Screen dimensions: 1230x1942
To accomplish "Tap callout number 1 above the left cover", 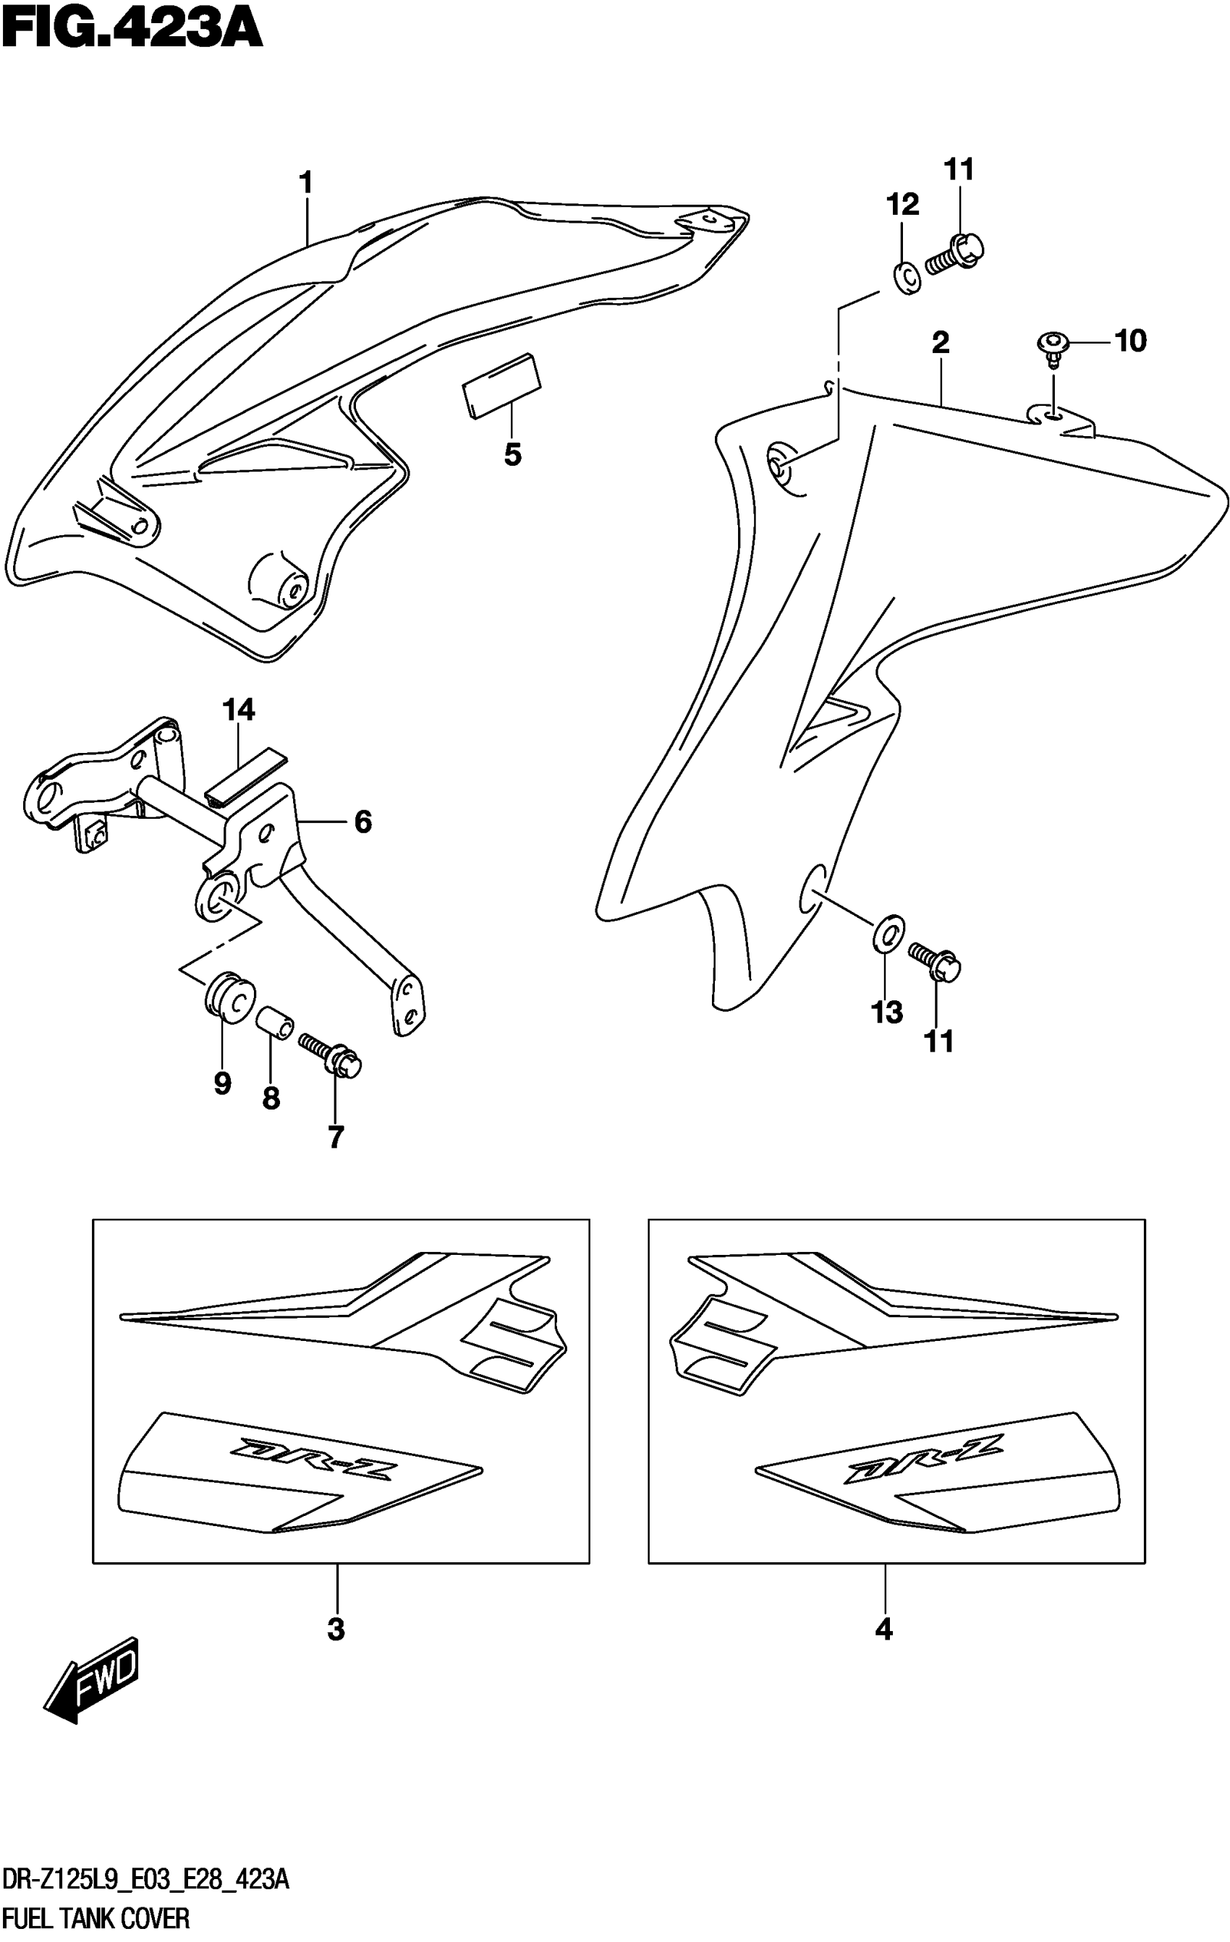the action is [305, 184].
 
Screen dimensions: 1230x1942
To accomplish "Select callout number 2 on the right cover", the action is [941, 344].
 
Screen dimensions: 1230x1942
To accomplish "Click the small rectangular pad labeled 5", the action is [500, 386].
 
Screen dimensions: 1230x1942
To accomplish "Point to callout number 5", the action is [512, 456].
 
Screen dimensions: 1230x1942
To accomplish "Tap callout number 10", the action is [1130, 341].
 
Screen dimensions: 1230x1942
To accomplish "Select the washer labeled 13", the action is [888, 934].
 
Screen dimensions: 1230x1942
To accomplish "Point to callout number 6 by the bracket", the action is [363, 822].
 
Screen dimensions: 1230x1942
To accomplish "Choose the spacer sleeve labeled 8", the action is [273, 1023].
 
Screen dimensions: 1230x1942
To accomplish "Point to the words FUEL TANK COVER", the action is [96, 1918].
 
